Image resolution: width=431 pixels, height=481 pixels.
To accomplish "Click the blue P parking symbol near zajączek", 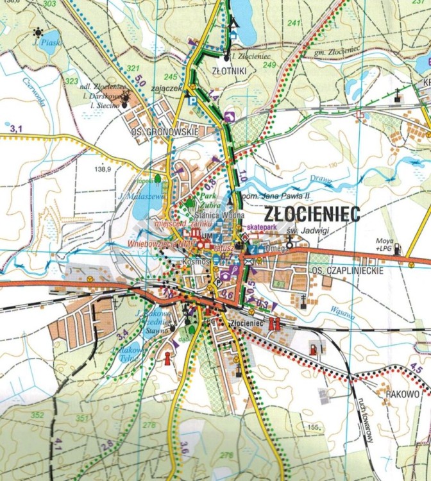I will tap(190, 101).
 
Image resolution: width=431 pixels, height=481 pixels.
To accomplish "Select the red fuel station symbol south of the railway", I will tap(313, 348).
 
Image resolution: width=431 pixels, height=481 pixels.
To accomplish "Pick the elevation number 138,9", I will tap(103, 169).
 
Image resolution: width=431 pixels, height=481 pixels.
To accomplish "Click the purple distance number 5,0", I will tap(140, 81).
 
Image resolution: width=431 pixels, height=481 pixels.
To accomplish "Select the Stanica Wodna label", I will tap(207, 215).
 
